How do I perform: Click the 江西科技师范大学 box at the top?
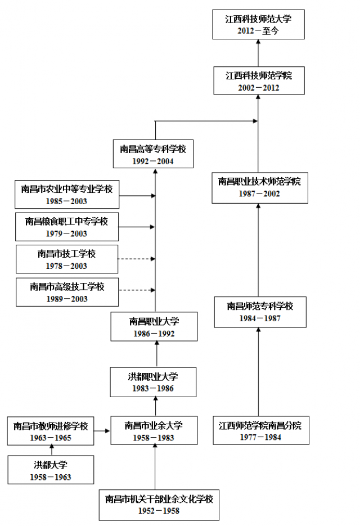click(258, 25)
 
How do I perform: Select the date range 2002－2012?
click(258, 88)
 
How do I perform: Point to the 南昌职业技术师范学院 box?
click(259, 187)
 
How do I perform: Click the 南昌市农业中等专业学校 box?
click(67, 195)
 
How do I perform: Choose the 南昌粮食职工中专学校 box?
click(67, 227)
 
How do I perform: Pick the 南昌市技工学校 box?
click(67, 259)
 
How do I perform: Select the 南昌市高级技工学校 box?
click(67, 292)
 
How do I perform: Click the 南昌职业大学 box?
click(154, 327)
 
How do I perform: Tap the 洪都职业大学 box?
click(153, 382)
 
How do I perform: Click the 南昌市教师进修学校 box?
click(51, 431)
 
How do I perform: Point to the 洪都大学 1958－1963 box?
click(51, 470)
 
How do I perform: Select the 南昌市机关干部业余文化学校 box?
click(159, 504)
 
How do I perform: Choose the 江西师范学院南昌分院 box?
click(260, 431)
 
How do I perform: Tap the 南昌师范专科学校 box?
click(260, 312)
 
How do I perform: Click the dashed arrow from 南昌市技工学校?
click(136, 259)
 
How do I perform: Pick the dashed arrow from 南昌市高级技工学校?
click(136, 290)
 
